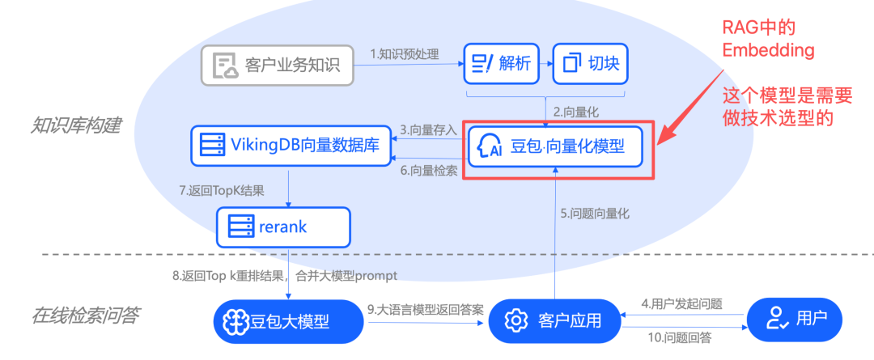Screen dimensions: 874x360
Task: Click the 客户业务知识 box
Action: click(278, 66)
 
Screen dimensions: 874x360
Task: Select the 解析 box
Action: click(501, 64)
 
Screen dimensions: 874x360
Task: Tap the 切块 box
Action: click(591, 64)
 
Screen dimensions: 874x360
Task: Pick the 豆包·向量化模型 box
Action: click(555, 147)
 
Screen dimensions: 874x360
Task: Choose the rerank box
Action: click(283, 227)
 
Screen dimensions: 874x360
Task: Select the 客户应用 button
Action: click(554, 320)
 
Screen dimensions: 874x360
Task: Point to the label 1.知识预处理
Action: click(405, 55)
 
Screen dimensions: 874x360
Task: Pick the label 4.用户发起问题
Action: click(682, 304)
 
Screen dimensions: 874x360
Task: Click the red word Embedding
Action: click(768, 50)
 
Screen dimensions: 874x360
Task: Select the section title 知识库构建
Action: click(76, 126)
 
